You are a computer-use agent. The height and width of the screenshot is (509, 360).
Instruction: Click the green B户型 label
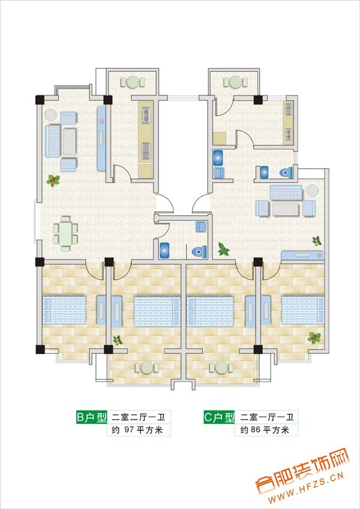click(92, 417)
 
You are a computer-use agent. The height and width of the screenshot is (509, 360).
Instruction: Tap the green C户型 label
click(219, 417)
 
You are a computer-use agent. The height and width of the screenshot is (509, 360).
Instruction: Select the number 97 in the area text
click(129, 430)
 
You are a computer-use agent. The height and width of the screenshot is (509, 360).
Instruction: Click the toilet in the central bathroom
click(199, 252)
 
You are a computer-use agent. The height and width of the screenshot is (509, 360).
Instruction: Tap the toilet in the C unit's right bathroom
click(286, 172)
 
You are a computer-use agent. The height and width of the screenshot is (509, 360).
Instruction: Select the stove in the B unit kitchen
click(146, 116)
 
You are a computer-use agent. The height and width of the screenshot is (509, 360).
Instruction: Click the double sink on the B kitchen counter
click(145, 151)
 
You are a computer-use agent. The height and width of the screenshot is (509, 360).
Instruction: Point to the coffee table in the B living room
click(70, 142)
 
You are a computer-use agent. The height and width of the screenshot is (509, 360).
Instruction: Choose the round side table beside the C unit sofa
click(312, 190)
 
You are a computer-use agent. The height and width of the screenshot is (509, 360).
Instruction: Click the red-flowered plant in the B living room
click(53, 180)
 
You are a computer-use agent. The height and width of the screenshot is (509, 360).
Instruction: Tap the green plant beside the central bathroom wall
click(223, 249)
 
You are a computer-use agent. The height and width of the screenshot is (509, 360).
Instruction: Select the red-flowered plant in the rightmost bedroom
click(314, 338)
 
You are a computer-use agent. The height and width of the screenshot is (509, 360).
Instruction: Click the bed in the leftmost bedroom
click(65, 310)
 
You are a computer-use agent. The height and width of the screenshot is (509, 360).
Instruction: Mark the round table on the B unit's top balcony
click(133, 82)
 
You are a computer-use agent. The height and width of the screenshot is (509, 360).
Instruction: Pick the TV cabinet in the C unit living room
click(302, 256)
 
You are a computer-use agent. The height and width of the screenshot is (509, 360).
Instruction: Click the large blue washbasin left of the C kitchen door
click(218, 158)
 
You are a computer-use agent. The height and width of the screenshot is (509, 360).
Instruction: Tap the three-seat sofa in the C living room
click(286, 193)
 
